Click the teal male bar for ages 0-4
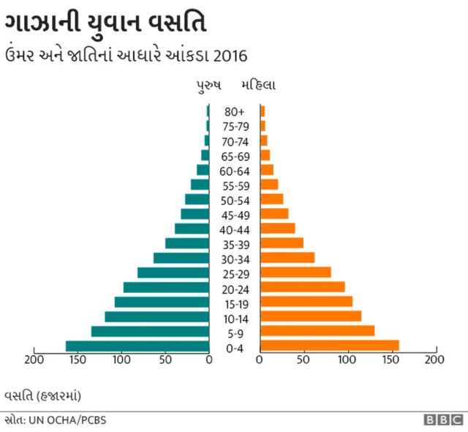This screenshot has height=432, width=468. (x=137, y=346)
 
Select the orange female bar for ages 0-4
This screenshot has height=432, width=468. (x=330, y=346)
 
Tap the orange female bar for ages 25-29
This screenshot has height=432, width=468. (x=296, y=272)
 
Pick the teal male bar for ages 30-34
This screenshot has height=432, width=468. (x=181, y=258)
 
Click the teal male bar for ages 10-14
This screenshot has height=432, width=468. (x=157, y=316)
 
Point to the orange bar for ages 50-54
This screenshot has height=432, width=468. (x=272, y=199)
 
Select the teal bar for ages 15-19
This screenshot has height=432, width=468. (x=162, y=302)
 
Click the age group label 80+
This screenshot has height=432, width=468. (x=235, y=112)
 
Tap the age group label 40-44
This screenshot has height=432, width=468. (x=235, y=229)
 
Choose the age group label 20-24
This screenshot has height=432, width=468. (x=235, y=288)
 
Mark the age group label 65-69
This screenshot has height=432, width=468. (x=235, y=156)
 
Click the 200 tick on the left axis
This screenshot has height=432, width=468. (x=34, y=360)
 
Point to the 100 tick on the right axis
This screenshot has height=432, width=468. (x=347, y=360)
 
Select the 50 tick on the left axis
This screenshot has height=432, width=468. (x=165, y=360)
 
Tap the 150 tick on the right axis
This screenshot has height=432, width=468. (x=391, y=360)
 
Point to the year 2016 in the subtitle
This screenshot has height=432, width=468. (x=232, y=55)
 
